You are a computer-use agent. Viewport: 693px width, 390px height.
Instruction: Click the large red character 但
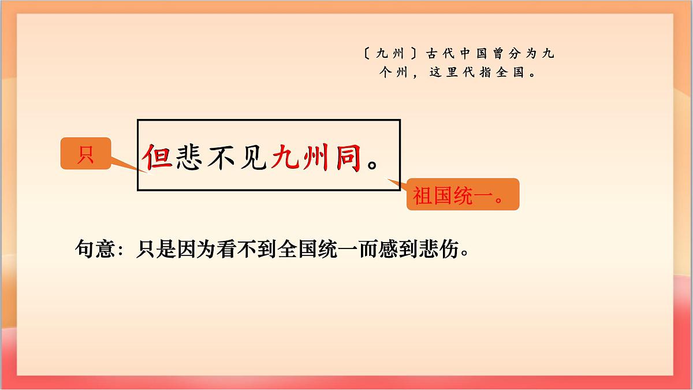point(158,157)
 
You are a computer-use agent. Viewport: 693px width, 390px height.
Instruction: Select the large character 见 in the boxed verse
point(254,157)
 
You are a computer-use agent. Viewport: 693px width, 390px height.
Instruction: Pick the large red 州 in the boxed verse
point(318,157)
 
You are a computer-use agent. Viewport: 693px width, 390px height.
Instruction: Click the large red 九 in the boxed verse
point(286,157)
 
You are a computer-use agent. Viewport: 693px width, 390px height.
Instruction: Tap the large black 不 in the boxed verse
point(222,157)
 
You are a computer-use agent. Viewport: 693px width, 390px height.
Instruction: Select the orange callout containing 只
point(85,154)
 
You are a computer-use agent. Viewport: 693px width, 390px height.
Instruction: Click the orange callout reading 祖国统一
point(463,194)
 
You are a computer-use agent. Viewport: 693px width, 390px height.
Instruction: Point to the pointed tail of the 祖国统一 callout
point(392,181)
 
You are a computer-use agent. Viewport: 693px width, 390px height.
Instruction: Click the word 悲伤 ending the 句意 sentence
point(445,250)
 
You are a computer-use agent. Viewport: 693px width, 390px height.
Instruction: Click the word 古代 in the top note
point(438,54)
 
